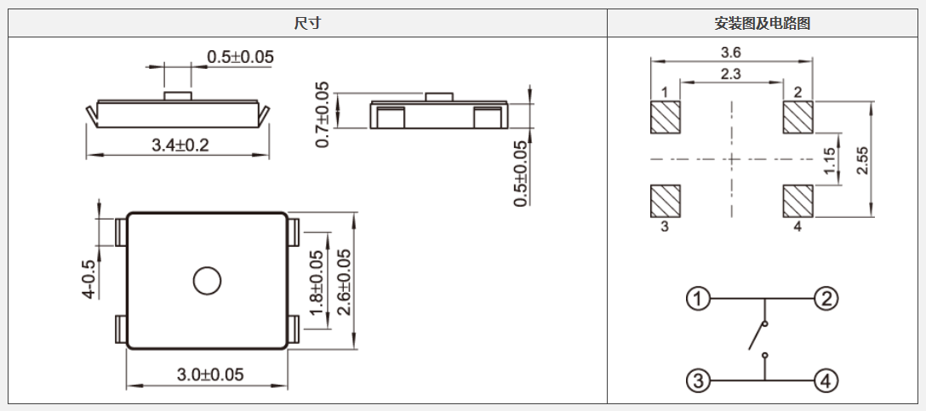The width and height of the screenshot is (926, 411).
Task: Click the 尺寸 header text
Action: (x=307, y=24)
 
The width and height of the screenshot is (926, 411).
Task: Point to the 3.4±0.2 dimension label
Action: (x=180, y=145)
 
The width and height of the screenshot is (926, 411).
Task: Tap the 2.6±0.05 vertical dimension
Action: (x=344, y=283)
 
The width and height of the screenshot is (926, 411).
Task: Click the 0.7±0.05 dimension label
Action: (x=323, y=115)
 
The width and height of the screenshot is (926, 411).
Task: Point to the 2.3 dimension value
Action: (x=730, y=74)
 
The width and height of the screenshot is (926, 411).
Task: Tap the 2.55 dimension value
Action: (x=863, y=160)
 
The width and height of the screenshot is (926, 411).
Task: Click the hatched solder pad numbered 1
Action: (x=666, y=117)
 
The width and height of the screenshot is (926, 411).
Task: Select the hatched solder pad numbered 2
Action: (x=797, y=117)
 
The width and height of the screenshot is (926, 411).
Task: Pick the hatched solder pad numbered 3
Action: (x=666, y=201)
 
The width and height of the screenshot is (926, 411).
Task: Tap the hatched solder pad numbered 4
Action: (x=797, y=201)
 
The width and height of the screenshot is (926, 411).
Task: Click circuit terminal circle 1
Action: (x=699, y=299)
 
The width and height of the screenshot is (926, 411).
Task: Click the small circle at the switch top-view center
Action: (x=206, y=281)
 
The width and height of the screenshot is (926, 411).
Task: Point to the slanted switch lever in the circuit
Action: (x=756, y=337)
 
